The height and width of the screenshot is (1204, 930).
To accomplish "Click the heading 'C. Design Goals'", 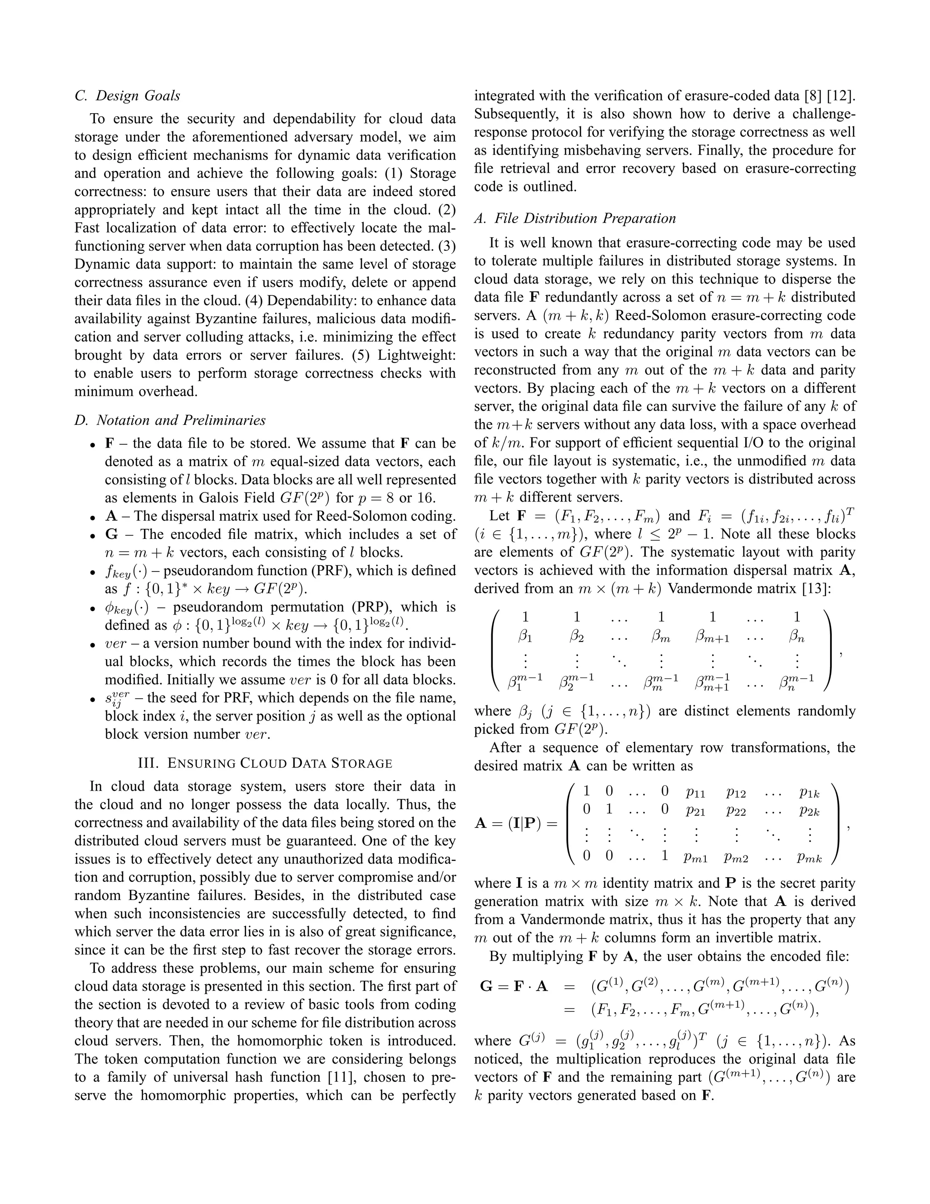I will tap(127, 96).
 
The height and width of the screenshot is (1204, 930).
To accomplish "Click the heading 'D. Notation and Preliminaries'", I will tap(170, 420).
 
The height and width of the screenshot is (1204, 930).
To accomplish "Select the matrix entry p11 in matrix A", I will tap(696, 792).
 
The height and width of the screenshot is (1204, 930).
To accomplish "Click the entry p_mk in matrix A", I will tap(809, 857).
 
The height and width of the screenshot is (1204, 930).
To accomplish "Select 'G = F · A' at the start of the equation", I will tap(514, 986).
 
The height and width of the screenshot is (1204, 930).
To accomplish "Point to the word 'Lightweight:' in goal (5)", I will tap(416, 355).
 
